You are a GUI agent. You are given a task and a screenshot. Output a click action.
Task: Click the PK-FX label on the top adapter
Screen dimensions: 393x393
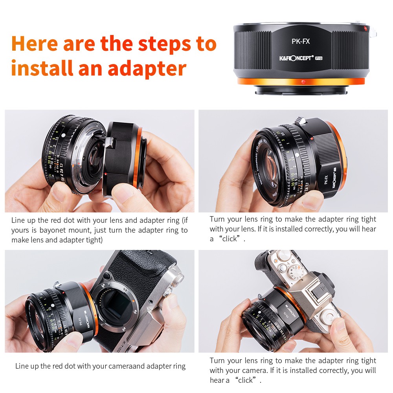301,41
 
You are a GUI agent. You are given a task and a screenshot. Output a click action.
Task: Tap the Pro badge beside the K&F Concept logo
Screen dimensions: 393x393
319,58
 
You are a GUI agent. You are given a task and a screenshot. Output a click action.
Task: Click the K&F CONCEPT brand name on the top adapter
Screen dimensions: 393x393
296,58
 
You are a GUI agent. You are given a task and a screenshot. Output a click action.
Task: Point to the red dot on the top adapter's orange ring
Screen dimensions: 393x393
303,82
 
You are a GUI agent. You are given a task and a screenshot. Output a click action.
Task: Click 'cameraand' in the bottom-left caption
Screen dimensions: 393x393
126,366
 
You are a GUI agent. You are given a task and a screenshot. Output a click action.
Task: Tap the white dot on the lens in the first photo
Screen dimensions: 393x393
63,135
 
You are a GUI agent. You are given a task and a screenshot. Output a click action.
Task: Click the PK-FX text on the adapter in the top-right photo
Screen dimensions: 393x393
326,180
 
